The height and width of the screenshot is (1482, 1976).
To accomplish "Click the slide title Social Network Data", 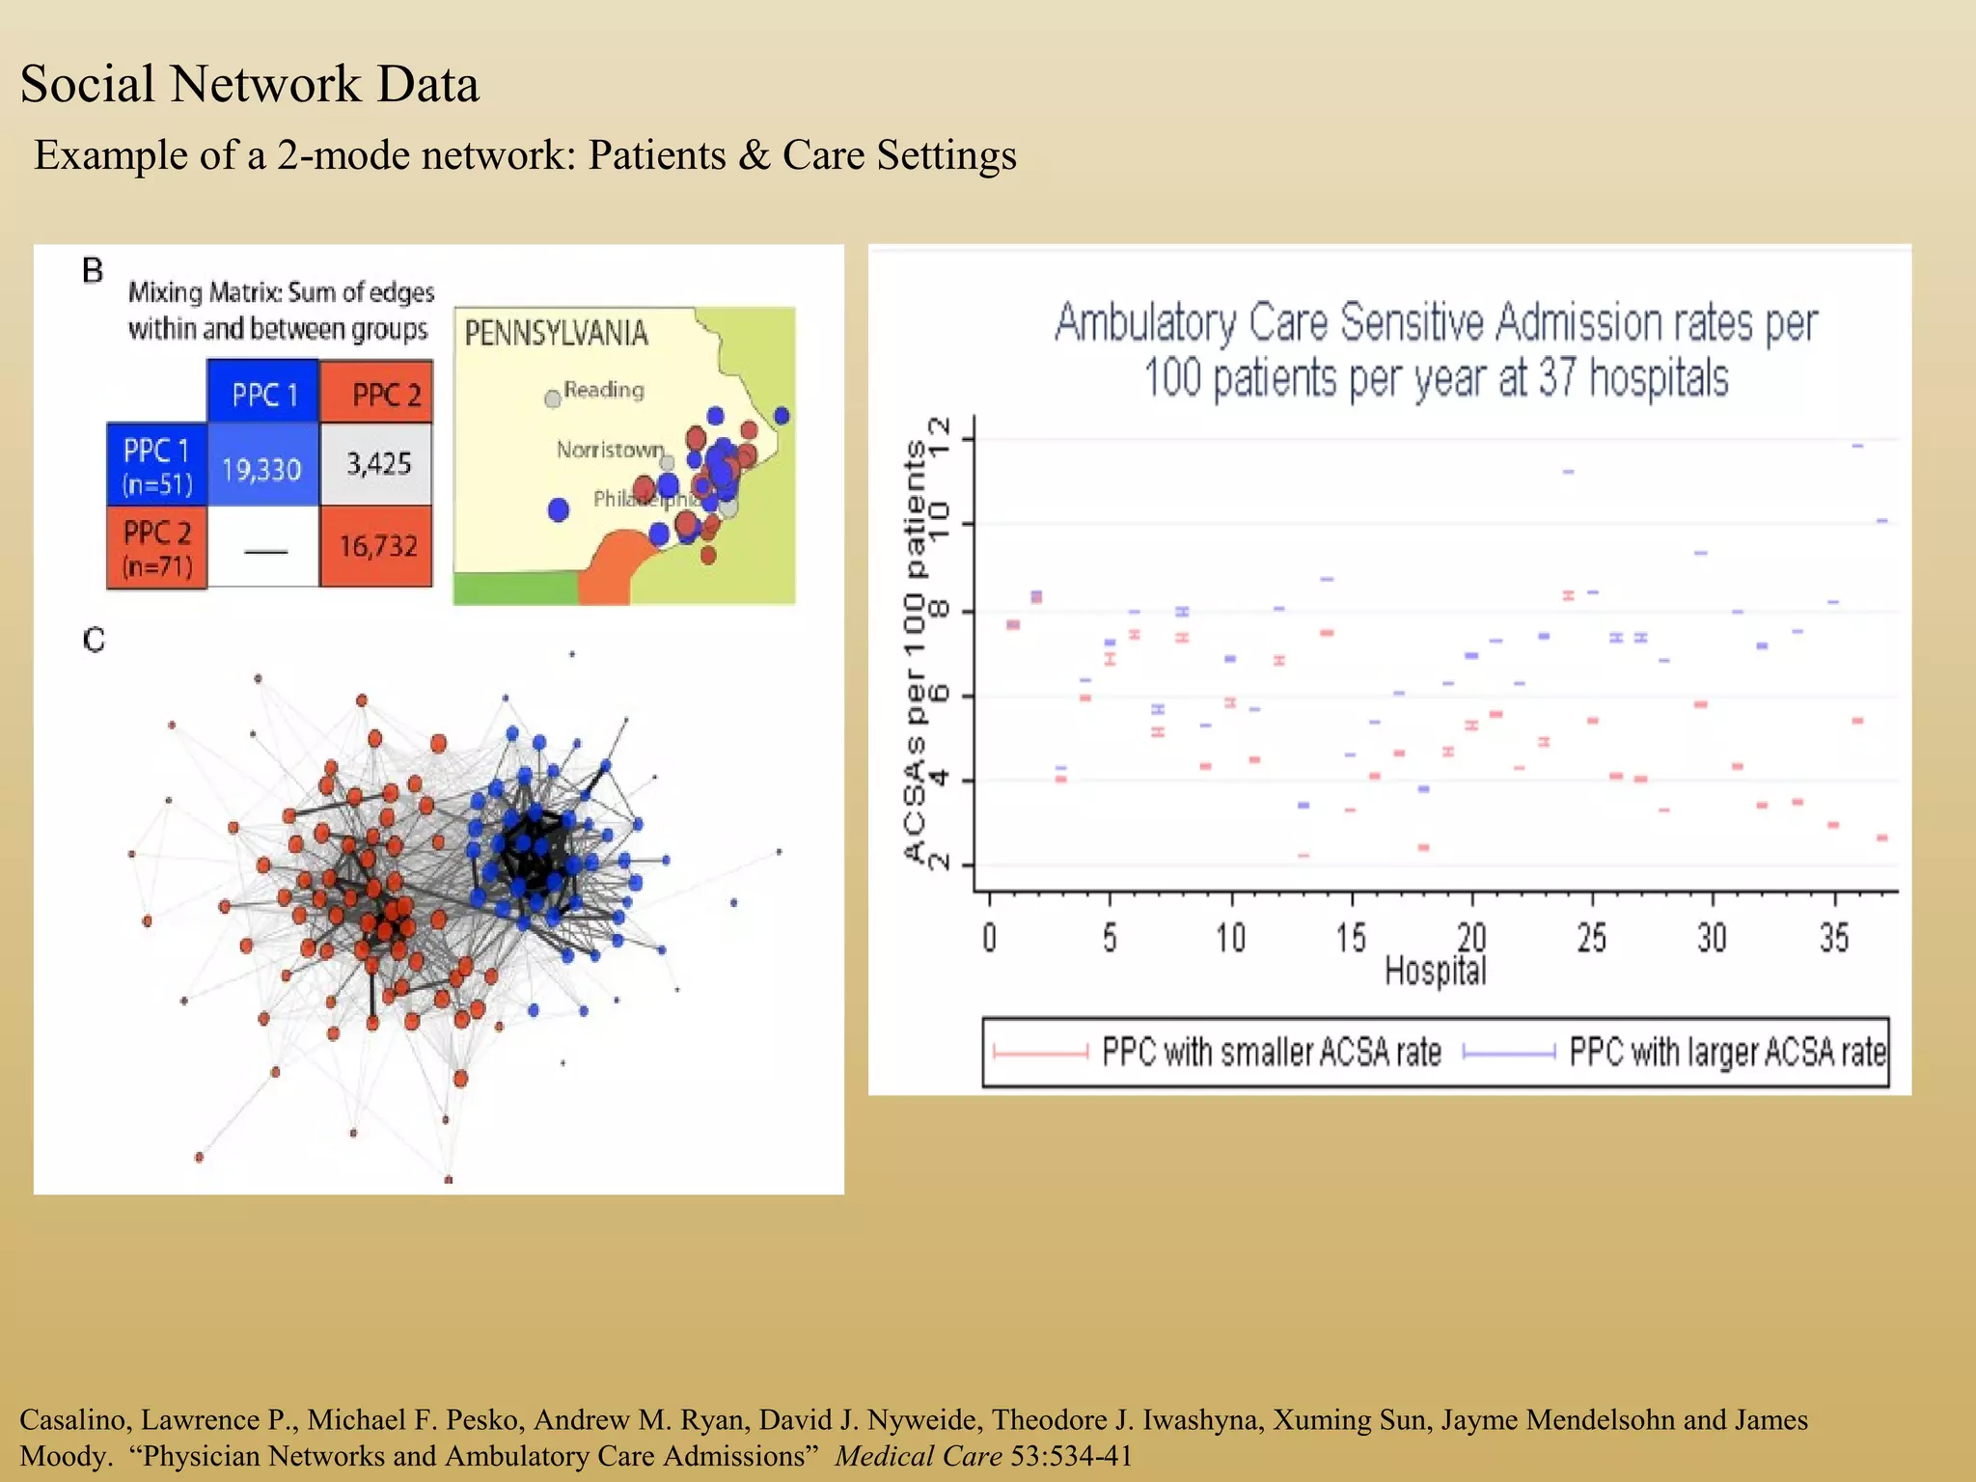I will pyautogui.click(x=249, y=84).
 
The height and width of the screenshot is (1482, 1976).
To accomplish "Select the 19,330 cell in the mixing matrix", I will pyautogui.click(x=261, y=470).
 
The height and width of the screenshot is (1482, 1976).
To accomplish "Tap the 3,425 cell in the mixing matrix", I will pyautogui.click(x=378, y=464).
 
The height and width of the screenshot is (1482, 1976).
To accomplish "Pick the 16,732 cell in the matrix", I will pyautogui.click(x=377, y=546).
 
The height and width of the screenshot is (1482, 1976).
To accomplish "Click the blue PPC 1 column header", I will pyautogui.click(x=263, y=395).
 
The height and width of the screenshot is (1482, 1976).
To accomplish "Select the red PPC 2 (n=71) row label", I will pyautogui.click(x=156, y=548).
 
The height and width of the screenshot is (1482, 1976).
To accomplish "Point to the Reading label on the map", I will pyautogui.click(x=603, y=390).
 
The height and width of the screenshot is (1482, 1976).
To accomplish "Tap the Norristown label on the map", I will pyautogui.click(x=610, y=450).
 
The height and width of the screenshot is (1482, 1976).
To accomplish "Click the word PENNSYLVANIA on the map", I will pyautogui.click(x=556, y=334).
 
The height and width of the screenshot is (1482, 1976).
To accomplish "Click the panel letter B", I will pyautogui.click(x=93, y=271).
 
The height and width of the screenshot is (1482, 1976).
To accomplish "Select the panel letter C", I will pyautogui.click(x=94, y=640).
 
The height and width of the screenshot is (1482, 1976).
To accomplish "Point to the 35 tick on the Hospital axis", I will pyautogui.click(x=1833, y=937).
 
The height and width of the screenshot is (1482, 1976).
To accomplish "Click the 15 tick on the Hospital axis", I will pyautogui.click(x=1351, y=937).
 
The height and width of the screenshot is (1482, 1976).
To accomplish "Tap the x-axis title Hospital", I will pyautogui.click(x=1435, y=971).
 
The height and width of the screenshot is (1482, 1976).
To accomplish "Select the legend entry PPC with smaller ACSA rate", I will pyautogui.click(x=1271, y=1052).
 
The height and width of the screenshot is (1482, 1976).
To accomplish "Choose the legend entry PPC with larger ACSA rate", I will pyautogui.click(x=1727, y=1052).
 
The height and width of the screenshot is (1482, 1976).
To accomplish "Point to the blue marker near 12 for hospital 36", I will pyautogui.click(x=1857, y=446).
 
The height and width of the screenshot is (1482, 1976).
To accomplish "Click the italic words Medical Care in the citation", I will pyautogui.click(x=918, y=1455).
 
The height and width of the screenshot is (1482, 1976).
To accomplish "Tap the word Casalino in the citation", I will pyautogui.click(x=75, y=1419).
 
